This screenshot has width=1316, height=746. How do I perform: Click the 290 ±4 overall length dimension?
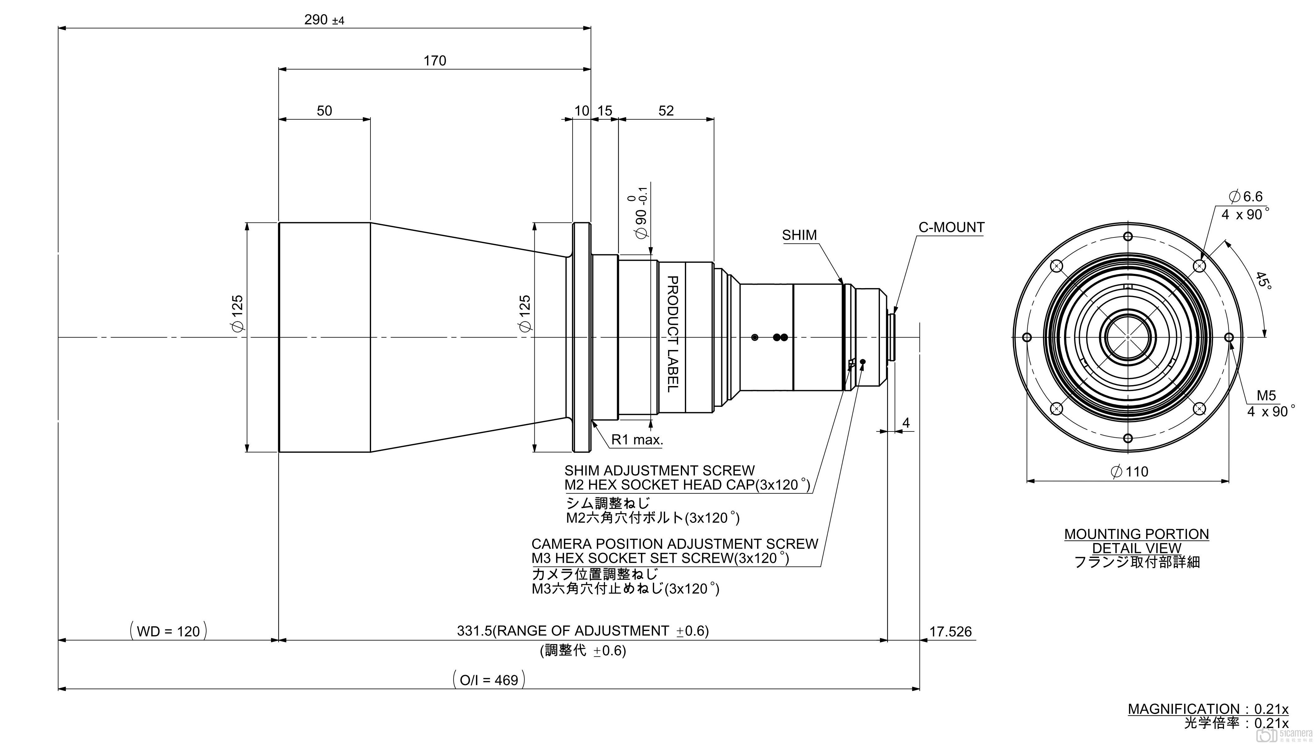[x=324, y=20]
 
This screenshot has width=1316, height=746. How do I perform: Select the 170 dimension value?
[x=435, y=61]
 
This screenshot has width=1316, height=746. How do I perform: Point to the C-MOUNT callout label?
[x=951, y=228]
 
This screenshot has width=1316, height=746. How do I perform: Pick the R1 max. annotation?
[x=637, y=440]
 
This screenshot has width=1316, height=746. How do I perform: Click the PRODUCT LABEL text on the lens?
[x=672, y=334]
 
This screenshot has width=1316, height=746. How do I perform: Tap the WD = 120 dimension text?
[x=168, y=631]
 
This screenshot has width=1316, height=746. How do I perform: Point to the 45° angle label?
[x=1263, y=280]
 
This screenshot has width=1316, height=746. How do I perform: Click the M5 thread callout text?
[x=1266, y=396]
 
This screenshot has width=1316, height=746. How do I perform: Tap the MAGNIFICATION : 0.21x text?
[x=1208, y=709]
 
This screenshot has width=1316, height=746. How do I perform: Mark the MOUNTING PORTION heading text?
[x=1136, y=534]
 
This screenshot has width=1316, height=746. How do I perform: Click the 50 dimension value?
[x=324, y=111]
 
